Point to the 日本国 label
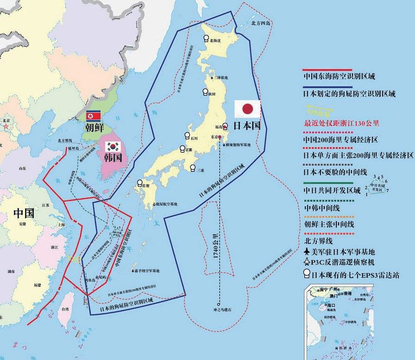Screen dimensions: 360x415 coord(247,126)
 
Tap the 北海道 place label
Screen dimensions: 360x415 coord(215,41)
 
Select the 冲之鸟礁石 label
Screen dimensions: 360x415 coord(221,309)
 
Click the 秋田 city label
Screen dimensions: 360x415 coord(212,94)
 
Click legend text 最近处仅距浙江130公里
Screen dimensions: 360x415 coord(341,123)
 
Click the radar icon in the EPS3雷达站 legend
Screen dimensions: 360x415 coord(306,275)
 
